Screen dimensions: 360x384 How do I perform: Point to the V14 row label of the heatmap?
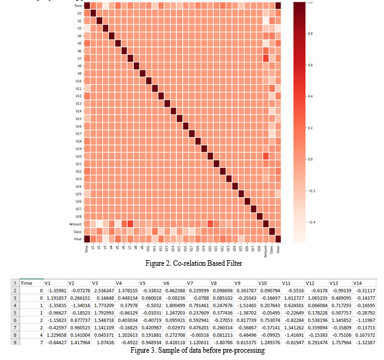click(x=79, y=111)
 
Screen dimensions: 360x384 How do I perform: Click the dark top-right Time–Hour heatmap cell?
click(x=279, y=6)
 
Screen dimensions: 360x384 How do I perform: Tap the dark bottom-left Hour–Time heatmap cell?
click(x=87, y=239)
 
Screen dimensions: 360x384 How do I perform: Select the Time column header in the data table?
click(x=27, y=283)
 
